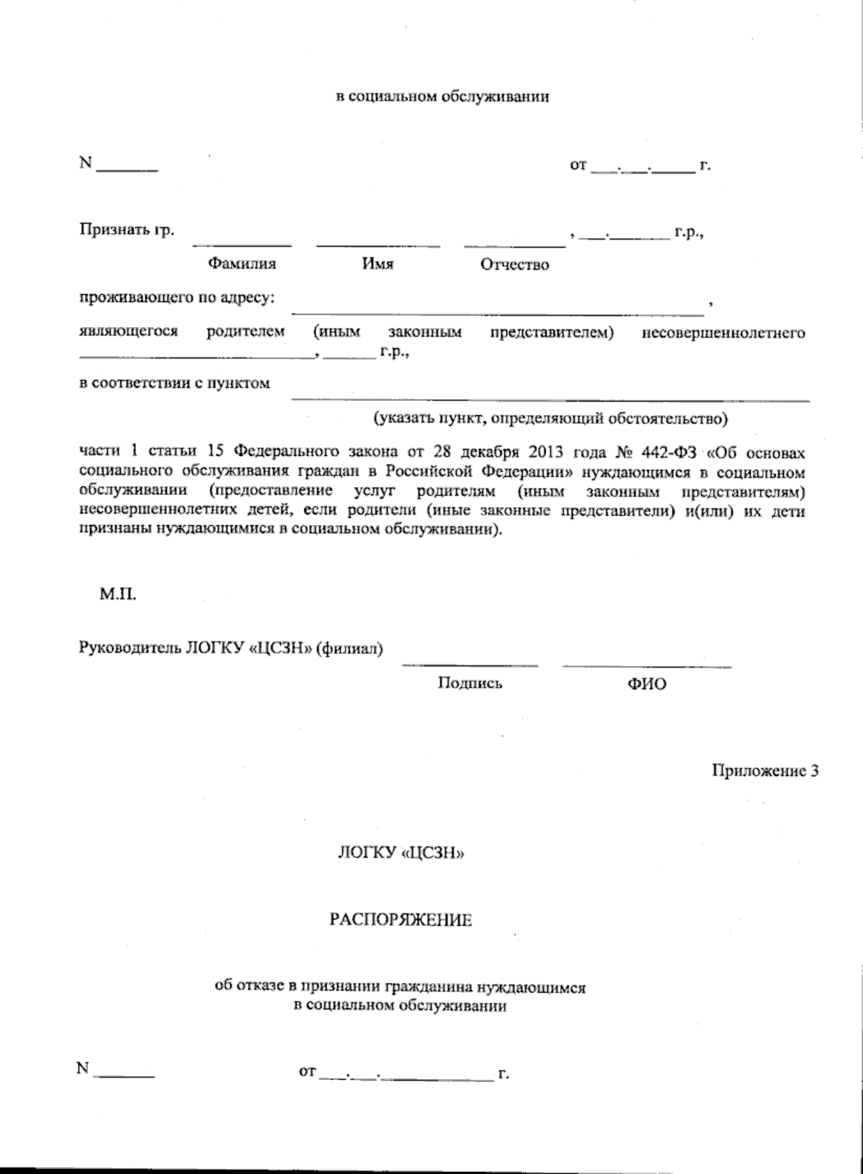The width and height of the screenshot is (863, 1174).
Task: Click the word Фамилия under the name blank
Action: (242, 264)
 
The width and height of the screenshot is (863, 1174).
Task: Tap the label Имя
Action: (378, 264)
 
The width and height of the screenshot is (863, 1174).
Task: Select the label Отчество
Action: (514, 265)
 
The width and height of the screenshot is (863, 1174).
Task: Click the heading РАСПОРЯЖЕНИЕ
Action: (401, 920)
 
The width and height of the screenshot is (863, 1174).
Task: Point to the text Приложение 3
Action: (765, 771)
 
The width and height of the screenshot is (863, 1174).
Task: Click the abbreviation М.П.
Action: (117, 596)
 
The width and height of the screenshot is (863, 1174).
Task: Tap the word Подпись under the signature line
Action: (470, 683)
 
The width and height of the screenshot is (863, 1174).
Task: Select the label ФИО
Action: (647, 684)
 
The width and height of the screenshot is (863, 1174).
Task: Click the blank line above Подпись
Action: (470, 664)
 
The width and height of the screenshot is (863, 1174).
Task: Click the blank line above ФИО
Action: (647, 665)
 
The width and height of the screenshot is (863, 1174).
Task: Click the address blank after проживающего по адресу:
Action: (497, 311)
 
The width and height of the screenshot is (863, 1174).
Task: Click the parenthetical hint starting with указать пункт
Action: (550, 418)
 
